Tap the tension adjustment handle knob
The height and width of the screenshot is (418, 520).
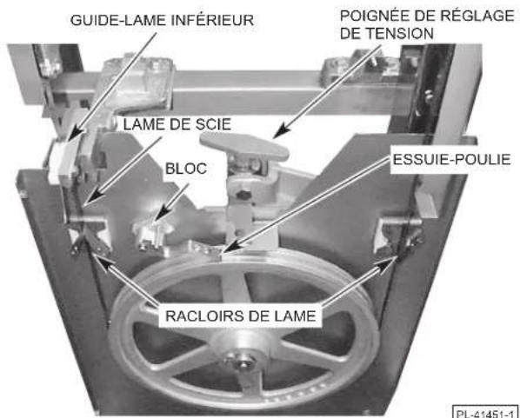point(244,147)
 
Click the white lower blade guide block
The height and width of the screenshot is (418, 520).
point(61,160)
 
